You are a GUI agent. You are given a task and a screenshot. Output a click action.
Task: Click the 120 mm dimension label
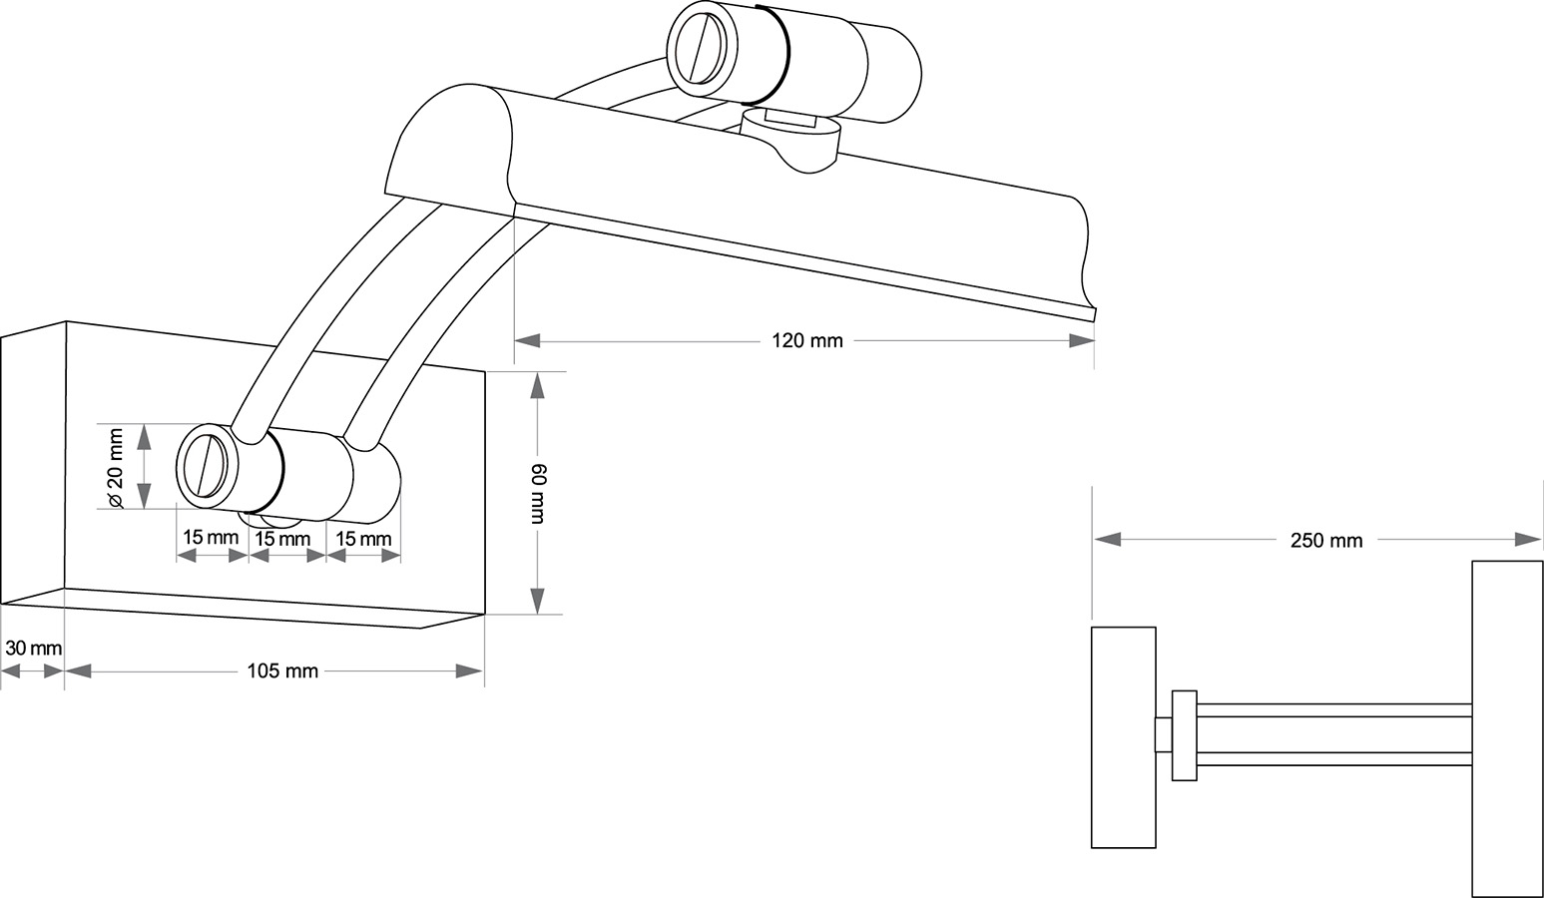pyautogui.click(x=806, y=341)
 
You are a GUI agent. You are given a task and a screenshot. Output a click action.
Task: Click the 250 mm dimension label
pyautogui.click(x=1325, y=541)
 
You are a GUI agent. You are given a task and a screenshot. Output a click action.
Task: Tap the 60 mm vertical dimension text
pyautogui.click(x=538, y=493)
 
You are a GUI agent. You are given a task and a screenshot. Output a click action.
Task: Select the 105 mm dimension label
pyautogui.click(x=282, y=672)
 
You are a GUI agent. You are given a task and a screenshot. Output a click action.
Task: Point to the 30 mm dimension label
pyautogui.click(x=33, y=649)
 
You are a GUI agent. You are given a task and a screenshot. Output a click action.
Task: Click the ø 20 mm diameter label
pyautogui.click(x=115, y=468)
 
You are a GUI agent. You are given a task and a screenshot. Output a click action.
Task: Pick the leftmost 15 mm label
pyautogui.click(x=211, y=538)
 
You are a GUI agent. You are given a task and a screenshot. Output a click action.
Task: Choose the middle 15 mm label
pyautogui.click(x=282, y=539)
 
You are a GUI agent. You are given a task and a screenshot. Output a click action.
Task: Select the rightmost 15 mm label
pyautogui.click(x=363, y=539)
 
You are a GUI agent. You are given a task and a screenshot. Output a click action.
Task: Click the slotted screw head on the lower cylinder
pyautogui.click(x=208, y=465)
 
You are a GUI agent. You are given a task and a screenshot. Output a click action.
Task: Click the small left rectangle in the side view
pyautogui.click(x=1123, y=737)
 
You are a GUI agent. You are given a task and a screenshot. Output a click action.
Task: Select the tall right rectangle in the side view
pyautogui.click(x=1506, y=728)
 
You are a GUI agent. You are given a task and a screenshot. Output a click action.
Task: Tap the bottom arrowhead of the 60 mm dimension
pyautogui.click(x=537, y=601)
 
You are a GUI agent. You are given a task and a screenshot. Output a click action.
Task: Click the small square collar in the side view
pyautogui.click(x=1184, y=735)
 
